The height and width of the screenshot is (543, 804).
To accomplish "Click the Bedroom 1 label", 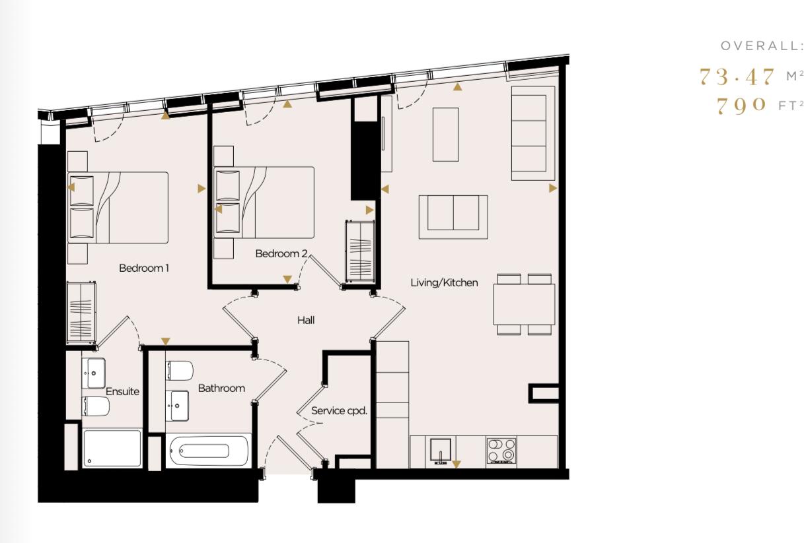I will pyautogui.click(x=144, y=268).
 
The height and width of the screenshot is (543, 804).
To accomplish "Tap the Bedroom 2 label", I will pyautogui.click(x=281, y=253).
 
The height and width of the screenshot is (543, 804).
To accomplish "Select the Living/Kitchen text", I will pyautogui.click(x=444, y=282).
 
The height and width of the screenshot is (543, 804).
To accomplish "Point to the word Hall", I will pyautogui.click(x=305, y=320).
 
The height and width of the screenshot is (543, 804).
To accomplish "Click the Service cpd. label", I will pyautogui.click(x=339, y=410).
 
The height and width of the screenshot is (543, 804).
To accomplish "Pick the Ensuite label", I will pyautogui.click(x=122, y=391).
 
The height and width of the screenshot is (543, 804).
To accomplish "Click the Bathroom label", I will pyautogui.click(x=221, y=388).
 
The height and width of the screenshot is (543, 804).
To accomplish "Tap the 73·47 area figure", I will pyautogui.click(x=737, y=77).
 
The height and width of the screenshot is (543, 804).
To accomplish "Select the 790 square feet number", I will pyautogui.click(x=741, y=105).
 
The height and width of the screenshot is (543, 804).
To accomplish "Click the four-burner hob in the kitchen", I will pyautogui.click(x=501, y=451).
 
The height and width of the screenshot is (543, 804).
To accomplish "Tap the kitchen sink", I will pyautogui.click(x=440, y=451).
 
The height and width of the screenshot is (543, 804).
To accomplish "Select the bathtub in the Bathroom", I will pyautogui.click(x=207, y=451).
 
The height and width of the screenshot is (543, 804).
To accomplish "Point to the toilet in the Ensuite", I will pyautogui.click(x=96, y=406).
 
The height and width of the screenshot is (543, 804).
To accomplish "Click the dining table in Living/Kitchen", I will pyautogui.click(x=524, y=304).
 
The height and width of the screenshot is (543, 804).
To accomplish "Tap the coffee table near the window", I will pyautogui.click(x=445, y=135).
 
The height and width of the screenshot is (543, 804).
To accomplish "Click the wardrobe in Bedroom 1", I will pyautogui.click(x=81, y=312).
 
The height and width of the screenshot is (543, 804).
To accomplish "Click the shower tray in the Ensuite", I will pyautogui.click(x=112, y=448).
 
